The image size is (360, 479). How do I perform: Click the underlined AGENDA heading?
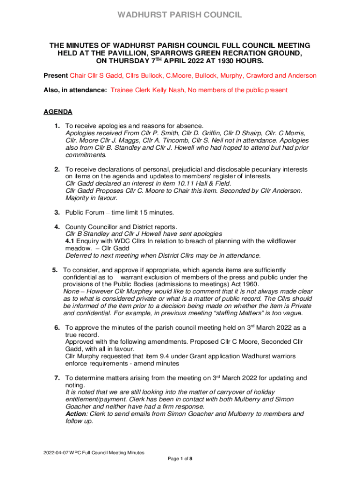pos(58,112)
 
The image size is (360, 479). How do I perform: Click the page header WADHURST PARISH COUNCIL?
pos(180,15)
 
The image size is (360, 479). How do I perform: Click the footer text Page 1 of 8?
pos(180,459)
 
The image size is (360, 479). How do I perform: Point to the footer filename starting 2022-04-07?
pos(94,452)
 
